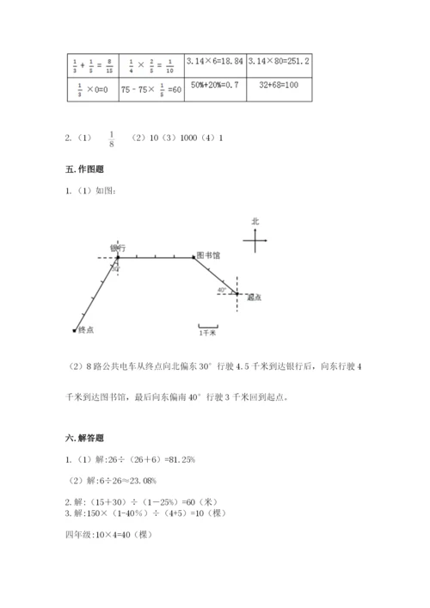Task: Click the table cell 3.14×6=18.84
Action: pyautogui.click(x=218, y=61)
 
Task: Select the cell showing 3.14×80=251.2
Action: pyautogui.click(x=278, y=61)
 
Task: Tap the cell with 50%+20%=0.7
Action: pyautogui.click(x=218, y=87)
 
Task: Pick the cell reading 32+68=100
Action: pyautogui.click(x=278, y=87)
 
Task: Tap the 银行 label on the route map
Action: pyautogui.click(x=118, y=248)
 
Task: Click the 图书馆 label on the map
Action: pyautogui.click(x=209, y=255)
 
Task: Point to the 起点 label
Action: pyautogui.click(x=254, y=298)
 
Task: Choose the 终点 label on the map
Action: pyautogui.click(x=85, y=329)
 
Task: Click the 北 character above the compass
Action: pyautogui.click(x=255, y=221)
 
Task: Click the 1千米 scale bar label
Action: pyautogui.click(x=207, y=332)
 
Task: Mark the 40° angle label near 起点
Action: pyautogui.click(x=222, y=290)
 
